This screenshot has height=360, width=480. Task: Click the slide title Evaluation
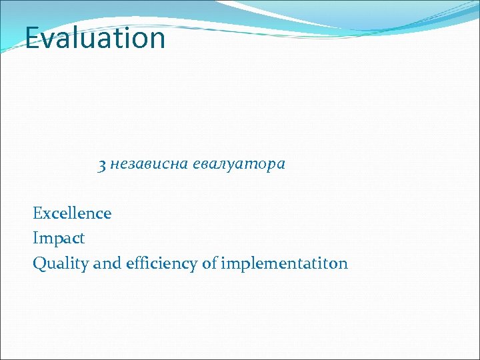pos(95,38)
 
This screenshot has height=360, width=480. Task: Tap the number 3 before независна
pos(102,165)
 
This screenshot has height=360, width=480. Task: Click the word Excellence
pos(72,213)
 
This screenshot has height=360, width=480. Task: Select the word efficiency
pos(161,264)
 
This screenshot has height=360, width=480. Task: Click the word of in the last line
pos(209,263)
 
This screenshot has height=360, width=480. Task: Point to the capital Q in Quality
pos(39,264)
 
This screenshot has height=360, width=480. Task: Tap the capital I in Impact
pos(35,238)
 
